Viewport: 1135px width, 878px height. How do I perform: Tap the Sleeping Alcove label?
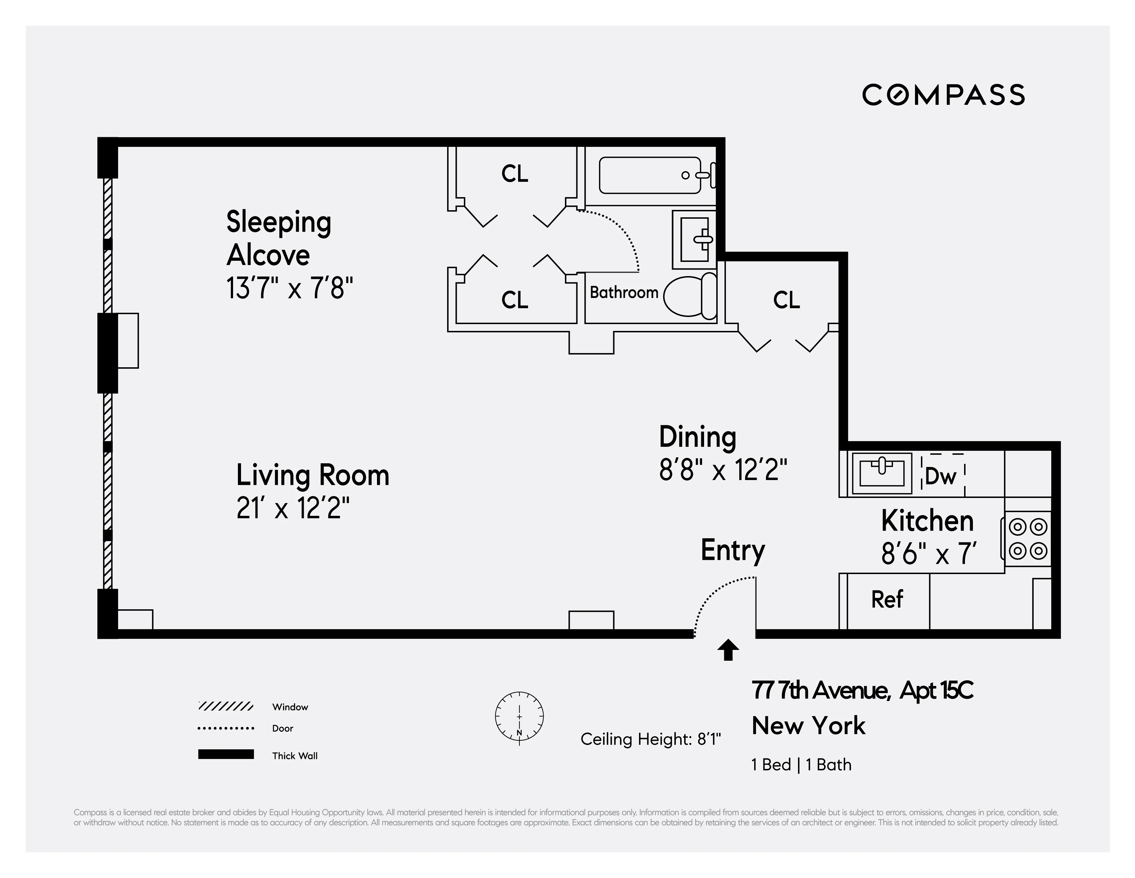pos(278,238)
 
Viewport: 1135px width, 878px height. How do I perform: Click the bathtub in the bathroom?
pos(650,175)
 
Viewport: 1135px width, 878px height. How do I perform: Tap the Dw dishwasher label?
pos(941,476)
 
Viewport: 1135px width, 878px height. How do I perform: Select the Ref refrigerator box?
pos(887,600)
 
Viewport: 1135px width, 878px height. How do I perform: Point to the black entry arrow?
pos(728,650)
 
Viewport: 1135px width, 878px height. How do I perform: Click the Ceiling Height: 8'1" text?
pos(651,739)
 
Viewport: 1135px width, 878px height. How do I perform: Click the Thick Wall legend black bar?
pos(225,754)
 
